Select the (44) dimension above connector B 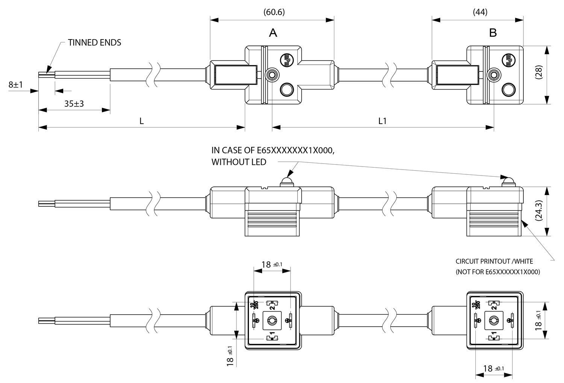480,12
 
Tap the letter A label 273,33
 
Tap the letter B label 493,33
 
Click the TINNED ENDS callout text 94,42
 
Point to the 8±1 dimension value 16,85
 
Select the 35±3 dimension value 74,104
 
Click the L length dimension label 142,121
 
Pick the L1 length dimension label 382,121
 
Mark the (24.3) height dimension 539,211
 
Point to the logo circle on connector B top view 509,60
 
